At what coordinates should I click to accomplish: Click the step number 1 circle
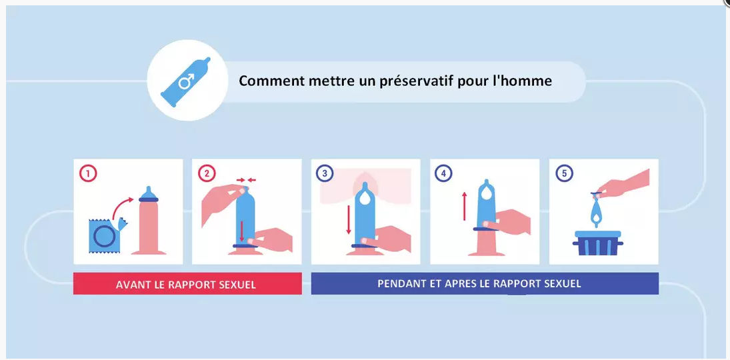coord(89,174)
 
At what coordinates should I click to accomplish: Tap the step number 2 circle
coord(207,174)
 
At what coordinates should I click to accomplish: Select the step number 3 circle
coord(325,174)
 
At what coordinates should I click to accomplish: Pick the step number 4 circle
coord(443,174)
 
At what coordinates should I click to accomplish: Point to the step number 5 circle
coord(564,174)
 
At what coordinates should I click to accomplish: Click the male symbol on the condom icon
coord(186,82)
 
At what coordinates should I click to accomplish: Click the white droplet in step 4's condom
coord(485,195)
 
